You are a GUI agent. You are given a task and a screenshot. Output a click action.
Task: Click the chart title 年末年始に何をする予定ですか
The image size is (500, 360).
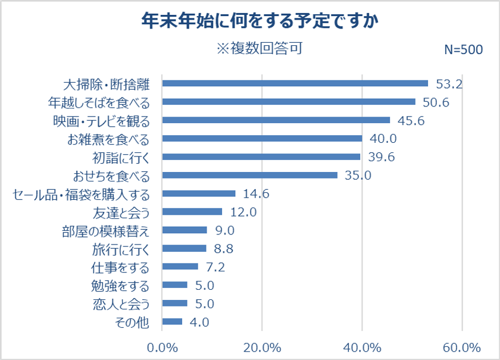click(x=260, y=22)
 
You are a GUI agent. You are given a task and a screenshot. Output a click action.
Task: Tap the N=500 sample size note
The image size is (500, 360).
click(x=463, y=50)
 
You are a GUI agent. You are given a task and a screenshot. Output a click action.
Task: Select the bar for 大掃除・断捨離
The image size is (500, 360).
click(x=295, y=83)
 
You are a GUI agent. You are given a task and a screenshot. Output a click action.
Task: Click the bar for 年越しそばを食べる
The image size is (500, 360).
click(x=289, y=102)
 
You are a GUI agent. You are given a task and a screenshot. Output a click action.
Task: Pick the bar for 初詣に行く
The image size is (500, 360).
click(x=261, y=157)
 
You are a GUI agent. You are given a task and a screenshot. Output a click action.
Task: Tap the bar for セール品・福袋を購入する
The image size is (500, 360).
click(x=199, y=193)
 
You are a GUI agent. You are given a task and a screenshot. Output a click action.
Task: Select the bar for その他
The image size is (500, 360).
click(x=172, y=322)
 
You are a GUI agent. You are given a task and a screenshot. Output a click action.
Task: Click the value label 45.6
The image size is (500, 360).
click(x=411, y=120)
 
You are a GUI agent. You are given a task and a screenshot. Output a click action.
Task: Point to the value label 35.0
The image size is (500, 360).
click(x=358, y=176)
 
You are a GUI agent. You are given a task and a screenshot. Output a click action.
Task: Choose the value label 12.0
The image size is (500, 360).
click(x=243, y=212)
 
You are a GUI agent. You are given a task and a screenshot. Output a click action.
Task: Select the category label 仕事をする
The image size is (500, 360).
click(x=121, y=267)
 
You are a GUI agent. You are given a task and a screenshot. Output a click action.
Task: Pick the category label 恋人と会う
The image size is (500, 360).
click(x=121, y=304)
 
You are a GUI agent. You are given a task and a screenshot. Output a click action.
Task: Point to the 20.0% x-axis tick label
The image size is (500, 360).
click(x=262, y=347)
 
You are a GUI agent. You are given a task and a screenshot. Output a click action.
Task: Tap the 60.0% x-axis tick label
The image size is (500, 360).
click(x=462, y=347)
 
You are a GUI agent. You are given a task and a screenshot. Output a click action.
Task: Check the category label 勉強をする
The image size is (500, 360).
click(x=121, y=286)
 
